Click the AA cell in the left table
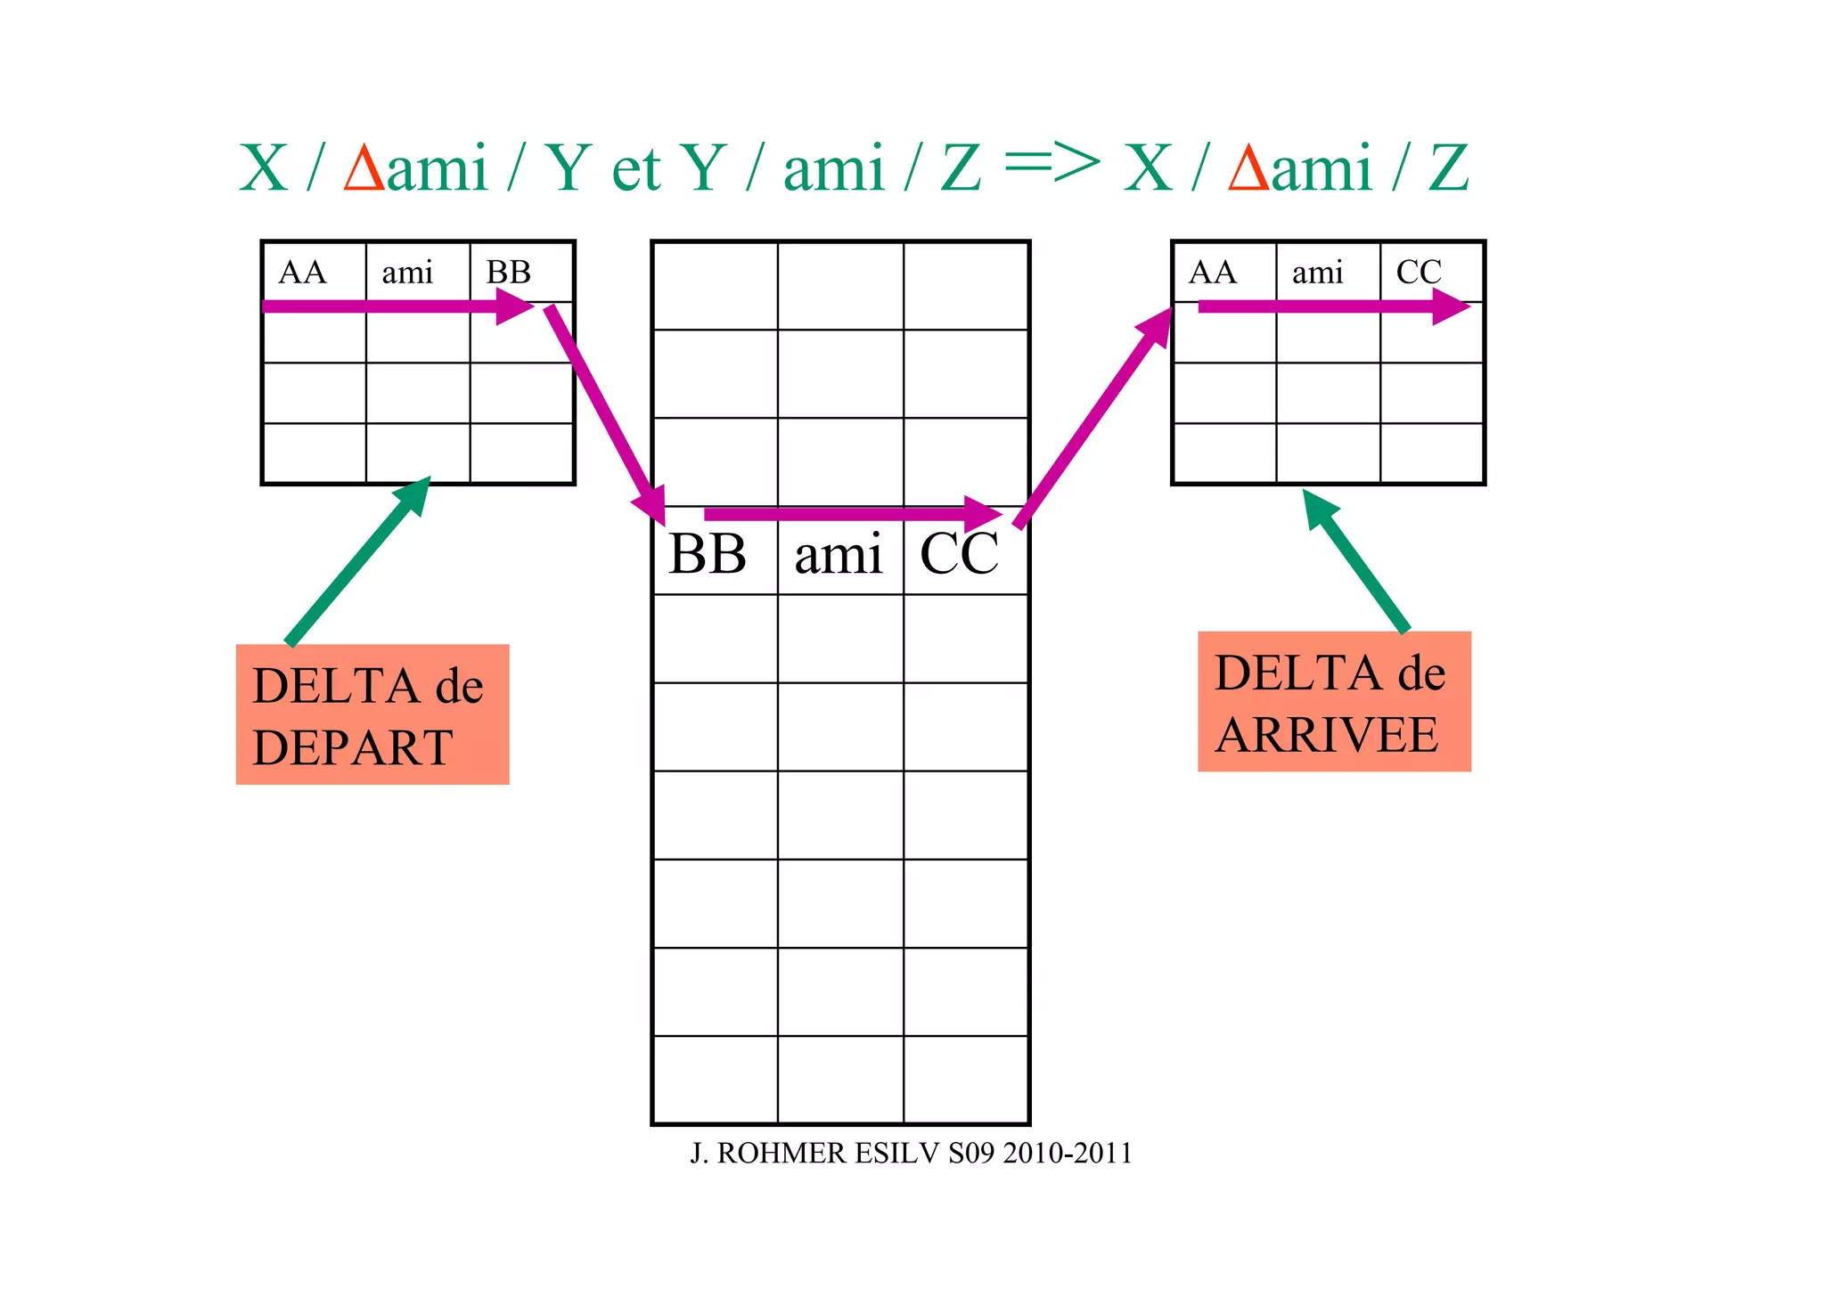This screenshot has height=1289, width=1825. (x=303, y=273)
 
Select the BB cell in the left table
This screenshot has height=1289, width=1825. (x=509, y=273)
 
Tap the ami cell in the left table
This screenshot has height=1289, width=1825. (x=407, y=273)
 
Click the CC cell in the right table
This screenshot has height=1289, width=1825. (x=1419, y=273)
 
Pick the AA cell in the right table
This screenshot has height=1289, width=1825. (x=1213, y=273)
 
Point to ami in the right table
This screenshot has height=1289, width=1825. (x=1317, y=273)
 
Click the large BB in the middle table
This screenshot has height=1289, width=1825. (x=708, y=554)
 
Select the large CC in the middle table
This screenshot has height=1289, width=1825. (x=959, y=554)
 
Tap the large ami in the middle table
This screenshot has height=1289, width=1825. (x=838, y=554)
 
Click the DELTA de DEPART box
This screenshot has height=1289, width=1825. (x=372, y=714)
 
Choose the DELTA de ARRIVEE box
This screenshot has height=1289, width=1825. (x=1334, y=702)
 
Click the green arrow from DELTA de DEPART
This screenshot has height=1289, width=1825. (x=357, y=561)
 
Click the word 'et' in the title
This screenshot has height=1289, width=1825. (x=635, y=168)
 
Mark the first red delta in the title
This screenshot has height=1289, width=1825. (x=364, y=168)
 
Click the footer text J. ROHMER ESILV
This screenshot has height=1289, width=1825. (x=911, y=1154)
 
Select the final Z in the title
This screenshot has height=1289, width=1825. (x=1448, y=168)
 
